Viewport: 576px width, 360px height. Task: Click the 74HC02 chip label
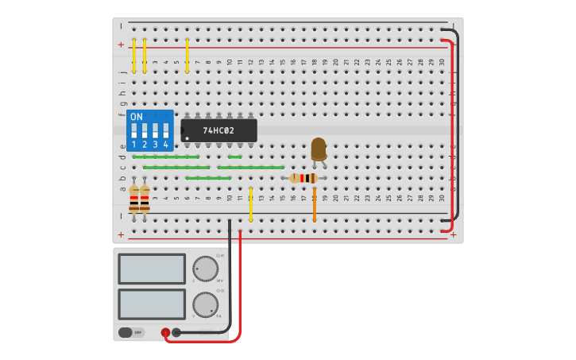[x=218, y=130]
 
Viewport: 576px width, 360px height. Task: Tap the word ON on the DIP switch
[x=137, y=117]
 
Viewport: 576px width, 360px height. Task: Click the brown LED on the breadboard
[x=318, y=149]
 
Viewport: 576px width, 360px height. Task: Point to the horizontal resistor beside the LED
[x=303, y=178]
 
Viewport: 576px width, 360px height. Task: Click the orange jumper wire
[x=314, y=204]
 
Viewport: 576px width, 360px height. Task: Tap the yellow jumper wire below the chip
[x=250, y=204]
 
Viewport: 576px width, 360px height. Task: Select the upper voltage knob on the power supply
[x=205, y=269]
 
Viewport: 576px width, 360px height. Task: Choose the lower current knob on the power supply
[x=205, y=304]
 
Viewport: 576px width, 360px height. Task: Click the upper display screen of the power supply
[x=152, y=269]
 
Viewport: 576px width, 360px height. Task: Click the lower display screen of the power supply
[x=152, y=304]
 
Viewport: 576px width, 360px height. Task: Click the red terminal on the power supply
[x=165, y=333]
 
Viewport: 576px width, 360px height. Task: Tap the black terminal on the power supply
[x=176, y=333]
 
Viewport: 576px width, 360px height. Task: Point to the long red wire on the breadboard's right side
[x=452, y=135]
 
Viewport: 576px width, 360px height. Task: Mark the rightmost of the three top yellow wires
[x=187, y=56]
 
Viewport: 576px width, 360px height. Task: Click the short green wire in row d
[x=234, y=157]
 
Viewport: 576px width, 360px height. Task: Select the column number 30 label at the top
[x=442, y=62]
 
